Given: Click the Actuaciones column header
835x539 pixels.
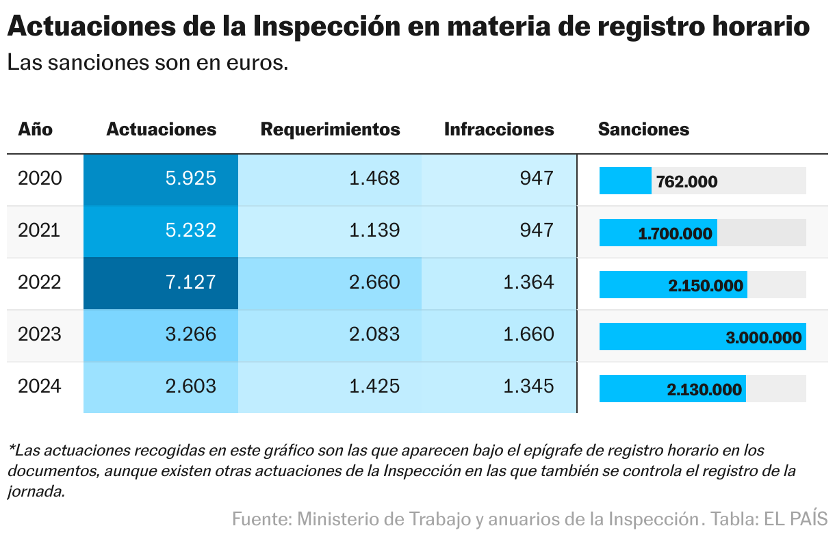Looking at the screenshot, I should [161, 129].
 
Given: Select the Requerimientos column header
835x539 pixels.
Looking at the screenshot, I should [330, 129].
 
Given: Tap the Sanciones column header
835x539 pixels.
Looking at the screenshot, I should [643, 129].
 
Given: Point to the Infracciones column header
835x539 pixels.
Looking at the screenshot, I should [499, 129].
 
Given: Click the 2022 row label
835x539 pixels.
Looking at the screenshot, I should [40, 282].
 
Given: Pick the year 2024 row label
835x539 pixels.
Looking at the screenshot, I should [40, 386].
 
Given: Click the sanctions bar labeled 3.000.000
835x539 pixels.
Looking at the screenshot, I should [702, 337].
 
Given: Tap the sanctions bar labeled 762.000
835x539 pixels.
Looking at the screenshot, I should [626, 181].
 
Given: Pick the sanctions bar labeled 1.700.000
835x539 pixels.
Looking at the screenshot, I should [658, 233].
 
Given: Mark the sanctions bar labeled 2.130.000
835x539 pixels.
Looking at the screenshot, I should [672, 389].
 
